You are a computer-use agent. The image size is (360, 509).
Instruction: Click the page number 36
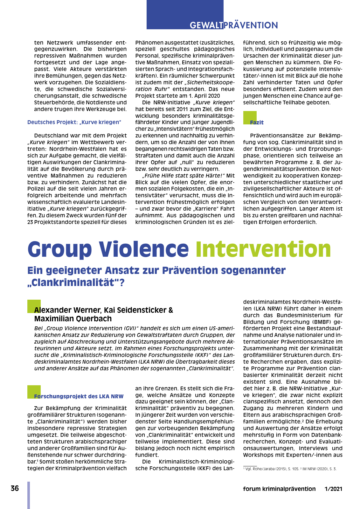(15, 489)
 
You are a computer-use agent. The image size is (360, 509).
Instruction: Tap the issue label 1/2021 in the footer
(333, 489)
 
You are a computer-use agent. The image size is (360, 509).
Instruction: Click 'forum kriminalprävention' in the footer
(279, 489)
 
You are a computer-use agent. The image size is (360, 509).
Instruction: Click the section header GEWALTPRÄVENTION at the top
(234, 25)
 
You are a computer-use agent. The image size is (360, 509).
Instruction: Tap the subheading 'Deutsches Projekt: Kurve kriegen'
(74, 122)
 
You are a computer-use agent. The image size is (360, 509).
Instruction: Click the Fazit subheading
(257, 122)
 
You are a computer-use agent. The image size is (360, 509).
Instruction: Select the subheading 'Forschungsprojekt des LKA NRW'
(79, 396)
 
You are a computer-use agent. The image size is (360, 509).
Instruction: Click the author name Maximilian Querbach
(73, 319)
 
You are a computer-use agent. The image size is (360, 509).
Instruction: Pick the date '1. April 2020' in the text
(203, 96)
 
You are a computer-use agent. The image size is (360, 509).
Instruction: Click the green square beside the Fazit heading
(250, 117)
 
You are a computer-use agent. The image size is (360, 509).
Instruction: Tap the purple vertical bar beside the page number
(29, 495)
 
